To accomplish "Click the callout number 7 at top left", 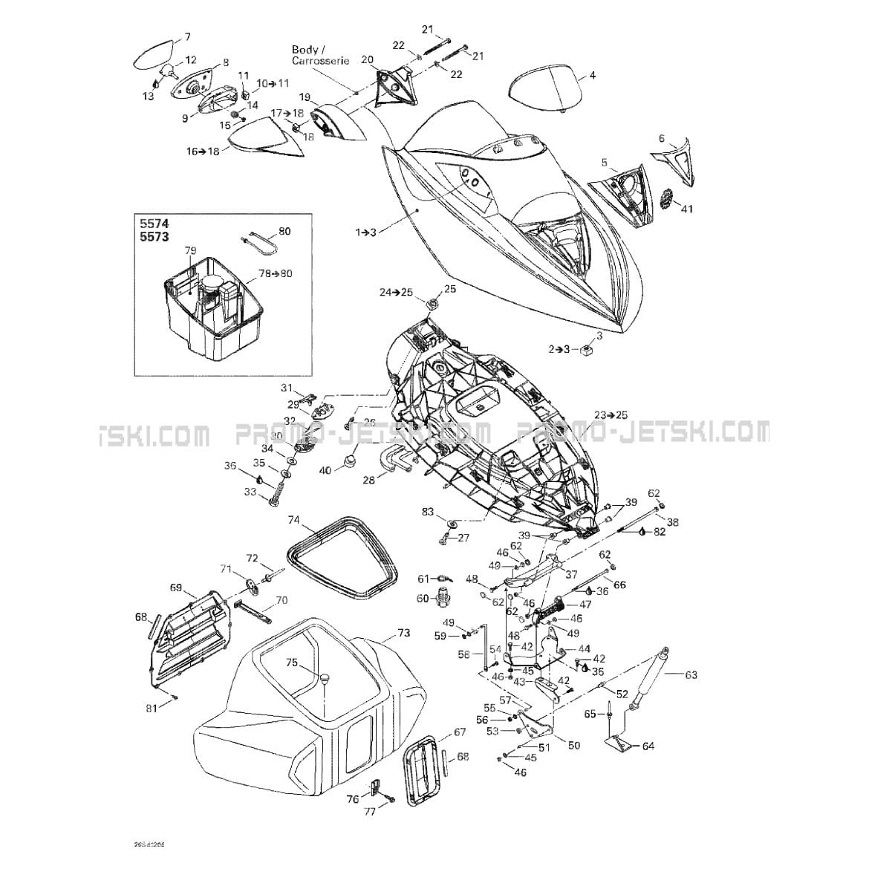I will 186,36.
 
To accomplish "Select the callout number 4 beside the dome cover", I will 592,75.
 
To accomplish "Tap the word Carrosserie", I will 320,61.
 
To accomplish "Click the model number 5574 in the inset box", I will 154,223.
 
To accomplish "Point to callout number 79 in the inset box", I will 190,250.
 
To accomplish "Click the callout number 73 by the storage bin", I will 403,633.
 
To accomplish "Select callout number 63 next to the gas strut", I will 691,675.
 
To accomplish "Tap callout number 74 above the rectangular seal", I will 294,521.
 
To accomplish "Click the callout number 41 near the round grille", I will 686,209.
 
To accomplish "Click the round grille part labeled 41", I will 668,198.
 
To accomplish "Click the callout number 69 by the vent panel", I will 176,588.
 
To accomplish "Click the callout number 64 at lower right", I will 648,746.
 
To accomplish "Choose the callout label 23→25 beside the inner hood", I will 611,414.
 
